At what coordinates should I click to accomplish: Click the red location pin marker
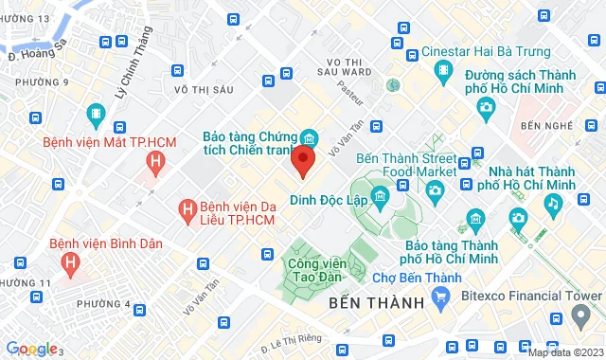click(x=302, y=160)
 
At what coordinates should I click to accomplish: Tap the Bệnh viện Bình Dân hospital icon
click(x=68, y=262)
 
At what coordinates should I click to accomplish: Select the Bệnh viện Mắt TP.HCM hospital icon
click(x=155, y=163)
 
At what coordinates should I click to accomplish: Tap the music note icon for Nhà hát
click(x=552, y=203)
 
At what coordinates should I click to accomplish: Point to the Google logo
click(x=30, y=349)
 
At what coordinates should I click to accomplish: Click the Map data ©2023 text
click(x=564, y=352)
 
